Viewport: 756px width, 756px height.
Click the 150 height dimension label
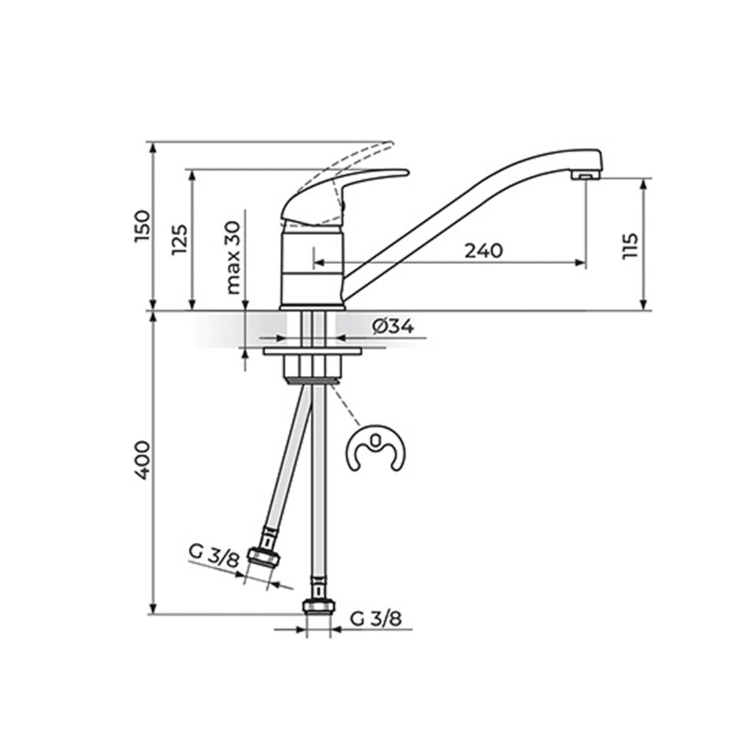point(142,227)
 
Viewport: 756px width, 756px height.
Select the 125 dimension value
point(180,239)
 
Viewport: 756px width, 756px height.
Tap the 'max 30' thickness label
point(234,258)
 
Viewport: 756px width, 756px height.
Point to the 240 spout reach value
point(484,251)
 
